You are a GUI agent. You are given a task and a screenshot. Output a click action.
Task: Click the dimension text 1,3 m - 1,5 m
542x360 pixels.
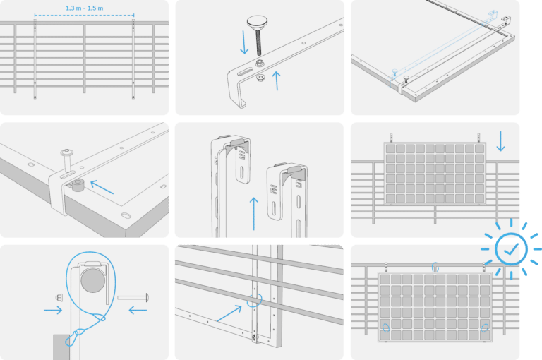point(85,8)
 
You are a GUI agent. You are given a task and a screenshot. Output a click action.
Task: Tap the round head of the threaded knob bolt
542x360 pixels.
point(257,22)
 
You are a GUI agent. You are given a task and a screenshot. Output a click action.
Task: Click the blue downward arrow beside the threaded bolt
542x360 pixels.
point(244,42)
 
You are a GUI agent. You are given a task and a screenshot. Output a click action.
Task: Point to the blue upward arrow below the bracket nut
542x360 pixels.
point(277,81)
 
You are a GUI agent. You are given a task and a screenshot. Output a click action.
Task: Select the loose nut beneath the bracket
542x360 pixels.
point(261,77)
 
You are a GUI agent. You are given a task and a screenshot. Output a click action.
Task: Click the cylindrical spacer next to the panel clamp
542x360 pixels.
point(78,185)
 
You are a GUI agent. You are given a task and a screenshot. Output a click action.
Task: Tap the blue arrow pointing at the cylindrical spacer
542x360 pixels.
point(102,187)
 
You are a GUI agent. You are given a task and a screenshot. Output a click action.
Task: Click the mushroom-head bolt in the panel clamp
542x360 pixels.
point(66,160)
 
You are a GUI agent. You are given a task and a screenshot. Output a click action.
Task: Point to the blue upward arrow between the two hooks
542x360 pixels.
point(254,213)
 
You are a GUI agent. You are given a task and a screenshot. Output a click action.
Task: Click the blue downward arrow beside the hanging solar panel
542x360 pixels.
point(500,141)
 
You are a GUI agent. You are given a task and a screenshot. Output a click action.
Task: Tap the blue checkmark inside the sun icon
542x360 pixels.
point(511,248)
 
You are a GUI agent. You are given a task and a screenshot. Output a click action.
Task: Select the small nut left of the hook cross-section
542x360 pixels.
point(59,297)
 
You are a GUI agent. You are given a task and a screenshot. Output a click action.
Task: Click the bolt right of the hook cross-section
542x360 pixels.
point(133,297)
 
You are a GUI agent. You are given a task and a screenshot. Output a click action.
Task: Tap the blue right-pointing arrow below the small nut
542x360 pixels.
point(53,310)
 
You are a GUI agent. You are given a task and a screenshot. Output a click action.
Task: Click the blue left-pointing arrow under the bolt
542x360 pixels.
point(138,310)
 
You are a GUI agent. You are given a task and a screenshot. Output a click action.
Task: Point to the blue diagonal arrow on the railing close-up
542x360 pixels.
point(229,313)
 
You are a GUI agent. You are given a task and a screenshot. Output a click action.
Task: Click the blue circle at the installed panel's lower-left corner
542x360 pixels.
point(386,328)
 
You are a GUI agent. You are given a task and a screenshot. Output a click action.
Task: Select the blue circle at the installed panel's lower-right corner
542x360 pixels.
point(485,328)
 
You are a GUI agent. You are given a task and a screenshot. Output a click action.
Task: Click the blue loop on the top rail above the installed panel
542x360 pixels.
point(435,267)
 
